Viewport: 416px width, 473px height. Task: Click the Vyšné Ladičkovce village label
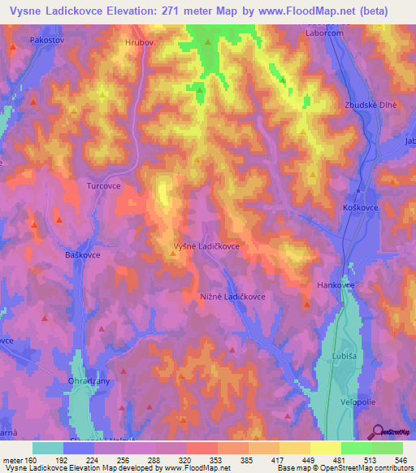click(206, 245)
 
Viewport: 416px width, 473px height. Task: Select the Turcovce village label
click(103, 185)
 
